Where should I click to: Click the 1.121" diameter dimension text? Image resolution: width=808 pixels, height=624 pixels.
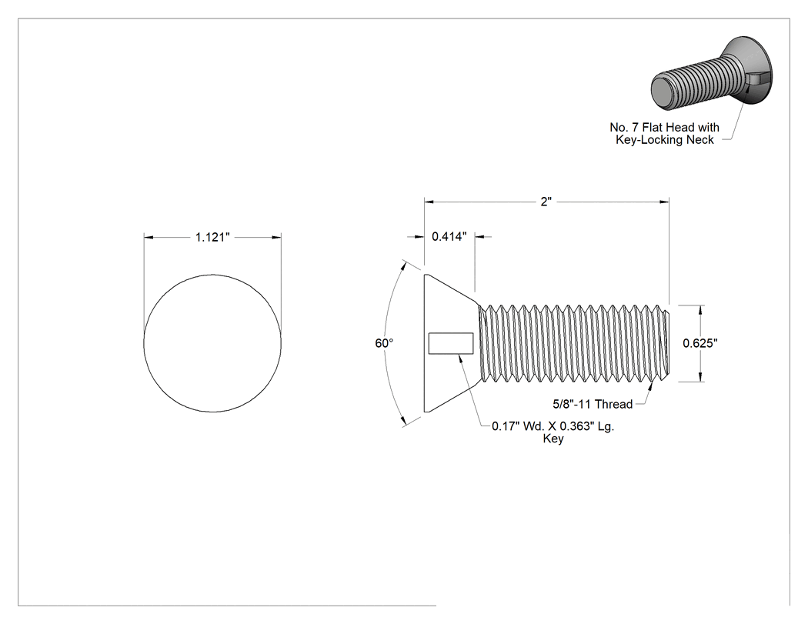pyautogui.click(x=212, y=237)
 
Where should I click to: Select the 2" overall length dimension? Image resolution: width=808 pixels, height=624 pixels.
pyautogui.click(x=546, y=202)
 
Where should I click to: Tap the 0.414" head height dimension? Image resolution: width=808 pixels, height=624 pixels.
pyautogui.click(x=449, y=236)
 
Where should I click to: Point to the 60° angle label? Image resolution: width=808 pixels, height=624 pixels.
pyautogui.click(x=384, y=343)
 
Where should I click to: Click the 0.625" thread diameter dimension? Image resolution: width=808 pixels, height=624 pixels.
pyautogui.click(x=700, y=343)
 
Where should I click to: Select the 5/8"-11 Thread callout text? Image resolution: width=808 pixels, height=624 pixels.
pyautogui.click(x=593, y=404)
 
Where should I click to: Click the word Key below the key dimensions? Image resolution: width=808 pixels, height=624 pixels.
pyautogui.click(x=553, y=439)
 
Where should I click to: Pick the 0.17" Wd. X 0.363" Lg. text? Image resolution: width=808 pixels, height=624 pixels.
pyautogui.click(x=553, y=426)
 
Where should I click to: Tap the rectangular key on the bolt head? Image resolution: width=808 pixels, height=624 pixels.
pyautogui.click(x=451, y=344)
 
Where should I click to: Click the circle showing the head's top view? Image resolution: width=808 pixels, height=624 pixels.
pyautogui.click(x=212, y=275)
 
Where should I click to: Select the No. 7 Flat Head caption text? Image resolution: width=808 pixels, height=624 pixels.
pyautogui.click(x=664, y=127)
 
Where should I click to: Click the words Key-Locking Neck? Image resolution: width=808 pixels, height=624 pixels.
pyautogui.click(x=665, y=139)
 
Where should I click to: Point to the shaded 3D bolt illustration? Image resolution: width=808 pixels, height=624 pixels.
pyautogui.click(x=712, y=74)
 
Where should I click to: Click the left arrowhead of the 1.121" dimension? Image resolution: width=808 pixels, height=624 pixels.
pyautogui.click(x=149, y=237)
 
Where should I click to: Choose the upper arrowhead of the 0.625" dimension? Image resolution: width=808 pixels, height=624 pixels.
pyautogui.click(x=700, y=310)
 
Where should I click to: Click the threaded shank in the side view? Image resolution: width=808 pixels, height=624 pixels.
pyautogui.click(x=575, y=343)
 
